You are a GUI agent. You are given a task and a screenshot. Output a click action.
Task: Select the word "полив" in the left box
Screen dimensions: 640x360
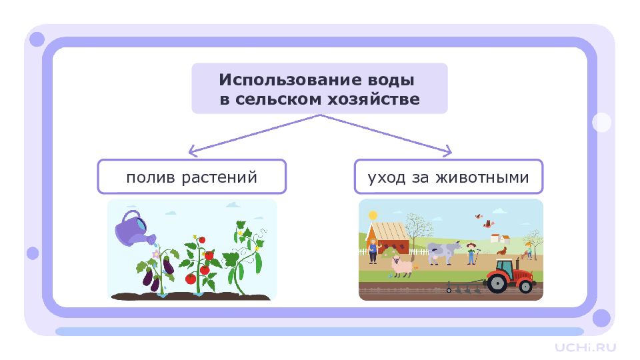tap(151, 178)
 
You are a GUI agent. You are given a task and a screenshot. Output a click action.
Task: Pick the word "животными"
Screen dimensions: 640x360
tap(482, 178)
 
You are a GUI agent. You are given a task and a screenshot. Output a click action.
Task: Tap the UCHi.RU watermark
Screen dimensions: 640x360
tap(585, 347)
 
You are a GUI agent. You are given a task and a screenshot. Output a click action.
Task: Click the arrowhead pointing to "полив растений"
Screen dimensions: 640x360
tap(193, 151)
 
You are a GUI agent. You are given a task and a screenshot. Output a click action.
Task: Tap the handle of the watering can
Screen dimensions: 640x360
tap(131, 215)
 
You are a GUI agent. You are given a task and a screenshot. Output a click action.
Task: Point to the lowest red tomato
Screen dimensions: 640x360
tap(191, 279)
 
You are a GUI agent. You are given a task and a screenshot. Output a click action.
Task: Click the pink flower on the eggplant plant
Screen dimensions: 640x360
tap(155, 255)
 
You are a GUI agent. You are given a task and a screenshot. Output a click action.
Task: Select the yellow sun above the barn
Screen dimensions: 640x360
tap(373, 215)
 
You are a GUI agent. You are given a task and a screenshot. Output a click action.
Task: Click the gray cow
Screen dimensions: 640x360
tap(444, 252)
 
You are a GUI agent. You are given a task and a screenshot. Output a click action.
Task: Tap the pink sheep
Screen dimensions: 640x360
tap(403, 267)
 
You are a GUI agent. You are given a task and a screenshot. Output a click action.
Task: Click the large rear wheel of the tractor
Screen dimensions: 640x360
tap(497, 283)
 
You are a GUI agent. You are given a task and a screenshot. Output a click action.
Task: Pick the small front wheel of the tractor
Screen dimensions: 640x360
tap(526, 287)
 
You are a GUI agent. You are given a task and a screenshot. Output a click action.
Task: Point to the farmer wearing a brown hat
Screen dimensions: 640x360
tap(471, 253)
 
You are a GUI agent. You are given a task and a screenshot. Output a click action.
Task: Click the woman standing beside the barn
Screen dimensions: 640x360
tap(373, 251)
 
